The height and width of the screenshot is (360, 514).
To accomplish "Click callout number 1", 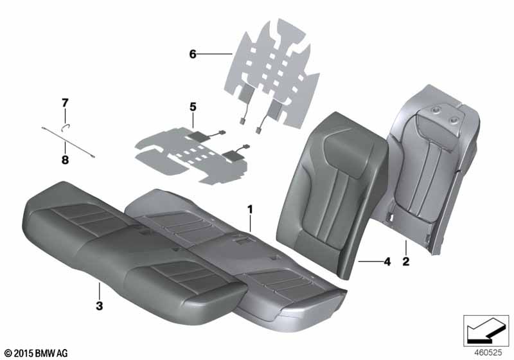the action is (x=250, y=209).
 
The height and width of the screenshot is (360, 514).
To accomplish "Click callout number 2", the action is (x=406, y=262).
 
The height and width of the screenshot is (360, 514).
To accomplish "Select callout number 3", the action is (x=100, y=305).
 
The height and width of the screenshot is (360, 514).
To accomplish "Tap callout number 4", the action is (x=387, y=262).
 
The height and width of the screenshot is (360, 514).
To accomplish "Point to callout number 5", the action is (x=193, y=107).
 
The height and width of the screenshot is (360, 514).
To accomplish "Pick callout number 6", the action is (x=193, y=54).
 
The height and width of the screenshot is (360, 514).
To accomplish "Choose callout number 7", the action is (x=66, y=103).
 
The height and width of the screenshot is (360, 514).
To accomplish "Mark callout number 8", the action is (x=66, y=160).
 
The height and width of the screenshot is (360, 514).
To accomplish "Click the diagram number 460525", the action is (x=488, y=352).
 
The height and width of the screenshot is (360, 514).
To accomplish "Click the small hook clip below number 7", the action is (x=66, y=127).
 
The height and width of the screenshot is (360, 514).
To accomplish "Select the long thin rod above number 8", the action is (x=68, y=142).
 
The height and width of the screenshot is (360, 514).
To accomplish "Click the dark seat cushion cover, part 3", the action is (x=134, y=249).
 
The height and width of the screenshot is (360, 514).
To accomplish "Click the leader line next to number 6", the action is (x=215, y=54).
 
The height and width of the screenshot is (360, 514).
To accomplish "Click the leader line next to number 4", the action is (x=371, y=261).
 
